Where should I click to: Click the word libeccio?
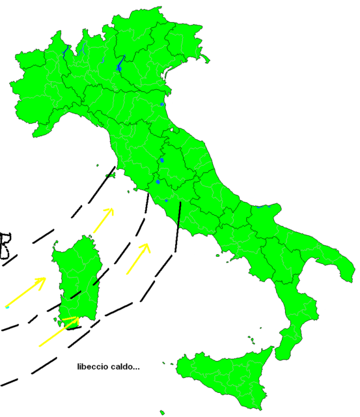pyautogui.click(x=92, y=367)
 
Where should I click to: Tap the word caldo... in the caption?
pyautogui.click(x=124, y=367)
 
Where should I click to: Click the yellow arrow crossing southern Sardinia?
pyautogui.click(x=59, y=332)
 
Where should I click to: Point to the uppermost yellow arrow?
pyautogui.click(x=104, y=220)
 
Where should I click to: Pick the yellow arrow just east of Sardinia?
pyautogui.click(x=138, y=258)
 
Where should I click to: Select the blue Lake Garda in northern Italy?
pyautogui.click(x=120, y=63)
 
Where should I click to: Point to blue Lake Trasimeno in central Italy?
pyautogui.click(x=161, y=160)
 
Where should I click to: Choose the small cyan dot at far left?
pyautogui.click(x=6, y=306)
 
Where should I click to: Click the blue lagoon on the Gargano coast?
pyautogui.click(x=263, y=207)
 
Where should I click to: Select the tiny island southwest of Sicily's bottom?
pyautogui.click(x=162, y=412)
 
